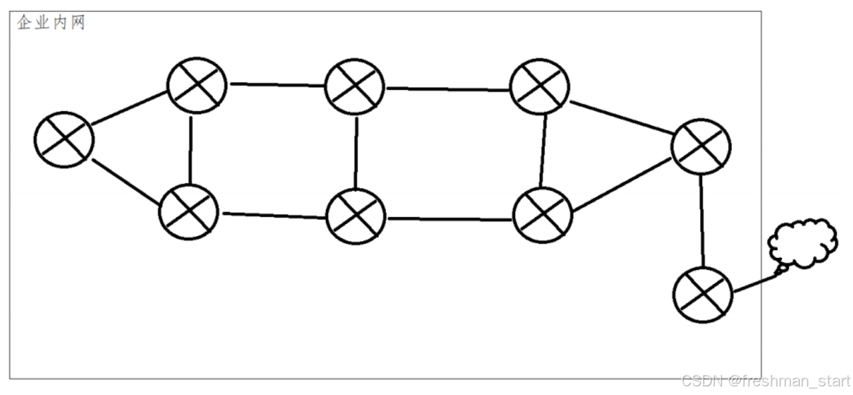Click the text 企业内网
[51, 24]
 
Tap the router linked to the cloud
[703, 293]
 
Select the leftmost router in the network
[64, 139]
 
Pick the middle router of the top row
[355, 86]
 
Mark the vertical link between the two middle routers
[355, 152]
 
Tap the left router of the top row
[197, 85]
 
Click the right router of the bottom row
[542, 215]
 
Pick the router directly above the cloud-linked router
[701, 146]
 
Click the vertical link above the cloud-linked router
[702, 220]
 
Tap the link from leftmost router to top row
[129, 110]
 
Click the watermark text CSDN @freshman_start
[765, 382]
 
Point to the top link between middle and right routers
[448, 89]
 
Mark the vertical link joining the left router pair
[191, 150]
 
